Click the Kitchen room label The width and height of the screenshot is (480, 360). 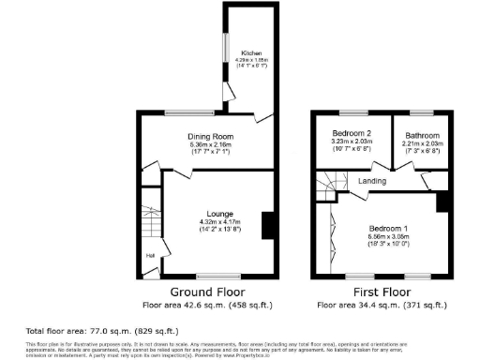tap(250, 53)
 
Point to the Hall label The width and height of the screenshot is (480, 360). tap(149, 254)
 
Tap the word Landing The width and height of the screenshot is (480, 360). tap(372, 180)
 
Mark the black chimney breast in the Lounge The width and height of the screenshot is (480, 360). tap(267, 225)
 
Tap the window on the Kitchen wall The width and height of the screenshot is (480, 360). tap(223, 49)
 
